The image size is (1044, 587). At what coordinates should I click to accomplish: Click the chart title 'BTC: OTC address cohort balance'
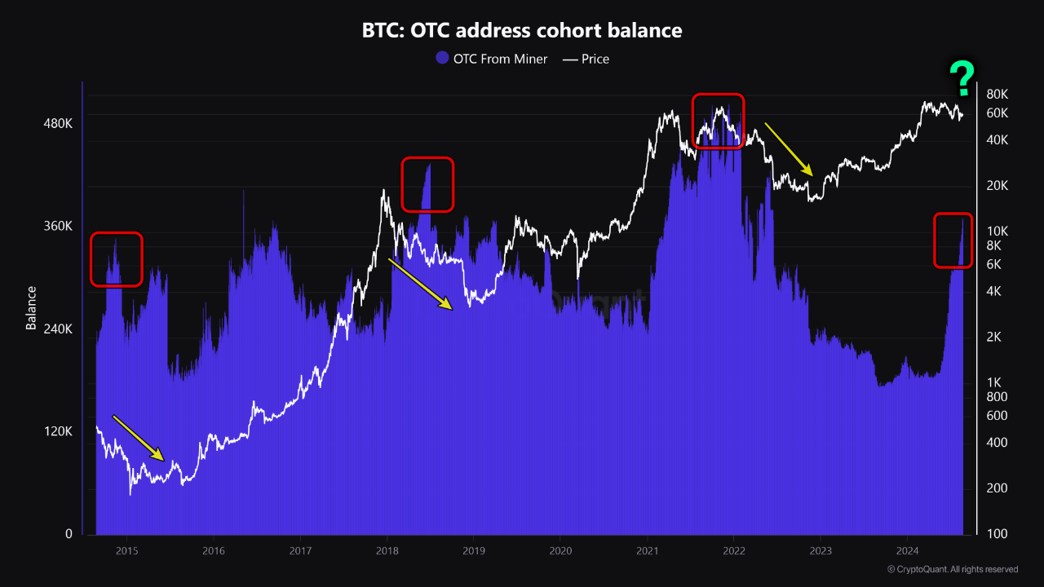[x=522, y=31]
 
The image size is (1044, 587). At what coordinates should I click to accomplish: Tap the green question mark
[x=962, y=78]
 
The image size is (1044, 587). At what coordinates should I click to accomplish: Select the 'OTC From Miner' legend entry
[x=492, y=59]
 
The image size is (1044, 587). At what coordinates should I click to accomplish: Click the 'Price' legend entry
[x=586, y=59]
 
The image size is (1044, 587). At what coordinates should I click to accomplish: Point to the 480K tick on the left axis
[x=58, y=124]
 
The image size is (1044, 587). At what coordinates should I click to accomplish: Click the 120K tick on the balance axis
[x=58, y=432]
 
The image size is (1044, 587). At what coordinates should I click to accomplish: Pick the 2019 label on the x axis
[x=473, y=551]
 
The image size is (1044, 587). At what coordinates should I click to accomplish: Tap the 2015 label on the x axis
[x=126, y=551]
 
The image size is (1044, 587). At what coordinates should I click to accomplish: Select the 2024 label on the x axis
[x=908, y=551]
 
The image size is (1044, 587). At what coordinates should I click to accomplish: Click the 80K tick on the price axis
[x=998, y=94]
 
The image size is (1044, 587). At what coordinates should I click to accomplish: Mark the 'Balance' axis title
[x=32, y=307]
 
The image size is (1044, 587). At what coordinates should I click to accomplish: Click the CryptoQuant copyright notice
[x=952, y=569]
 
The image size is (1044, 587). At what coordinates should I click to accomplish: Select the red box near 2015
[x=116, y=259]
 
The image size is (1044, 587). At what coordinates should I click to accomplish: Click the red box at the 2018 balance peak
[x=427, y=184]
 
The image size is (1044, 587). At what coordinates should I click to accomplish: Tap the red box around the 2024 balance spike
[x=953, y=241]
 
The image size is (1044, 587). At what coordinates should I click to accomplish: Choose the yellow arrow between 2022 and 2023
[x=789, y=149]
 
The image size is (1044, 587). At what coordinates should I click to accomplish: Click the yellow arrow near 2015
[x=139, y=438]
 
